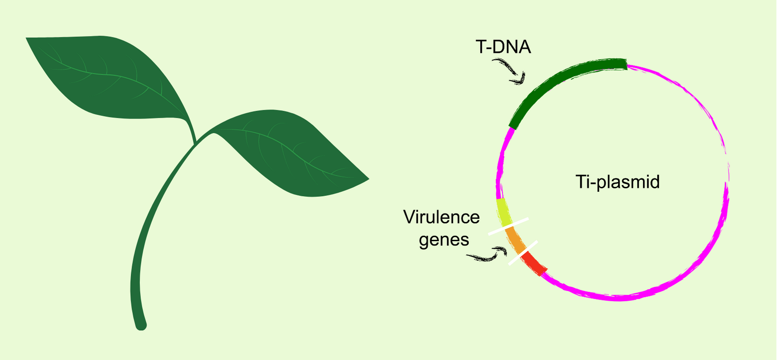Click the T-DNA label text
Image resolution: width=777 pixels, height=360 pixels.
tap(503, 47)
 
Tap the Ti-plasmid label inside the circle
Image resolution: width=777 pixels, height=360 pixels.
tap(617, 182)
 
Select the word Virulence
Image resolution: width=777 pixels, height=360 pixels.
tap(441, 217)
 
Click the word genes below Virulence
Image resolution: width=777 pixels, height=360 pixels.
tap(444, 240)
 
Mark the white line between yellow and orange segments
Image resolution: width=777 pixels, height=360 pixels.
tap(508, 226)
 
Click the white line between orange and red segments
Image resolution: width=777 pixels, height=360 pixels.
tap(523, 253)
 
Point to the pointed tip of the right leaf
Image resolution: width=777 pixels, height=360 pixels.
tap(368, 179)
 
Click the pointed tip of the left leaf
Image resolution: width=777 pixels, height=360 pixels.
tap(27, 38)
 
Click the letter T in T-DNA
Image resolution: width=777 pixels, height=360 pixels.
tap(480, 47)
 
